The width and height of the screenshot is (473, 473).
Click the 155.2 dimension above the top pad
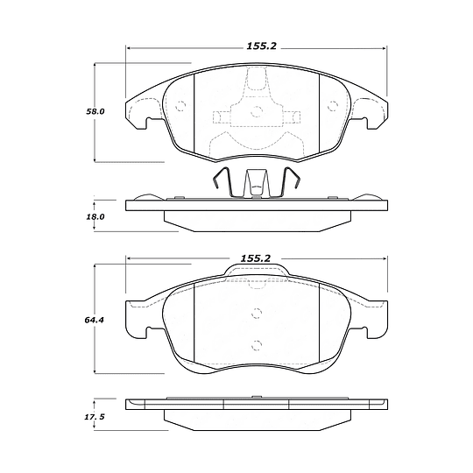click(x=262, y=46)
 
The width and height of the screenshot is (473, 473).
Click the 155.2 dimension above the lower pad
click(x=256, y=258)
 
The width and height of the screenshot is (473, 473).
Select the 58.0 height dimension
click(x=95, y=111)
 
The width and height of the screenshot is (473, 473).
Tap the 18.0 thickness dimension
click(x=95, y=216)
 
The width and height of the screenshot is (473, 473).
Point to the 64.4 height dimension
click(x=94, y=320)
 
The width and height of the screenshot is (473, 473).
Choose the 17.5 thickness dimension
click(x=95, y=417)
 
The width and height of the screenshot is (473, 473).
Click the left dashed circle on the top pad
click(x=180, y=106)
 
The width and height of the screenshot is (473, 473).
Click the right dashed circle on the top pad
click(x=333, y=106)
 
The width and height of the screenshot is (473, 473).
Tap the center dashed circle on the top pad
click(x=257, y=111)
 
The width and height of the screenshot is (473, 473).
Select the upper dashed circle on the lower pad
click(x=257, y=314)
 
